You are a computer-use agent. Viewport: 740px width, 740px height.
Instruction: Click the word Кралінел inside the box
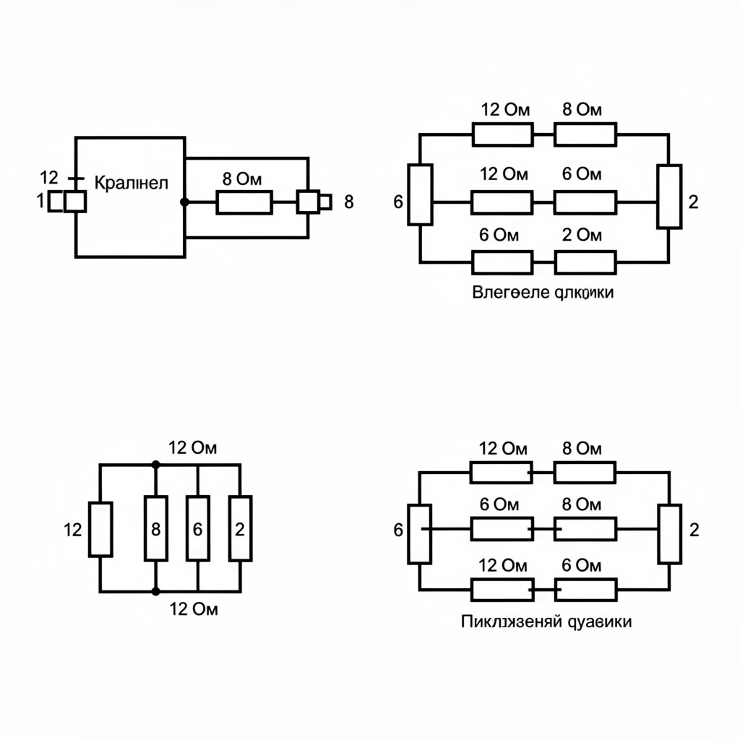tap(131, 183)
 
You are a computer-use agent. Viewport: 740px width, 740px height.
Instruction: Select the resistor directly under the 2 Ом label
tap(585, 262)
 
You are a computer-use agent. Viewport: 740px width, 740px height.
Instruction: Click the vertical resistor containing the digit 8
tap(155, 528)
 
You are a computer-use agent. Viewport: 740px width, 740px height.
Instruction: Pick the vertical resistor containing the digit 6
tap(197, 528)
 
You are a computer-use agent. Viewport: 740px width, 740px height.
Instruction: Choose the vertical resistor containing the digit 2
tap(240, 528)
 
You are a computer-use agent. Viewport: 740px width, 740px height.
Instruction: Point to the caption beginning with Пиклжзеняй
tap(546, 621)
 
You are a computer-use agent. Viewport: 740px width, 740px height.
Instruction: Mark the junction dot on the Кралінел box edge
tap(184, 202)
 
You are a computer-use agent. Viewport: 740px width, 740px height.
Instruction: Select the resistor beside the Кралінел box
tap(244, 202)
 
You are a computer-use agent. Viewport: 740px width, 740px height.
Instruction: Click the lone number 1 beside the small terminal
tap(40, 202)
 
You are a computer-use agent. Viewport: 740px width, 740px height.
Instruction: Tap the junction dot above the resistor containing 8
tap(155, 465)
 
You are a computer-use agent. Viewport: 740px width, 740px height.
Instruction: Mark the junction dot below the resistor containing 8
tap(155, 591)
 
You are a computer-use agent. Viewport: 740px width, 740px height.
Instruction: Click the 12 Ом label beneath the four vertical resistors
tap(193, 609)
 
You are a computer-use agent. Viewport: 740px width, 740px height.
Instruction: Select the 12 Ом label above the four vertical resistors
tap(193, 447)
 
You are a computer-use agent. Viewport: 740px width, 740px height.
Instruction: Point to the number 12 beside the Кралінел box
tap(49, 177)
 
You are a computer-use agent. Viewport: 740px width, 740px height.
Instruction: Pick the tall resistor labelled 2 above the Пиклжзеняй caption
tap(669, 534)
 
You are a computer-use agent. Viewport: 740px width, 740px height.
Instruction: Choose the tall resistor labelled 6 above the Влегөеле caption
tap(421, 194)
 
